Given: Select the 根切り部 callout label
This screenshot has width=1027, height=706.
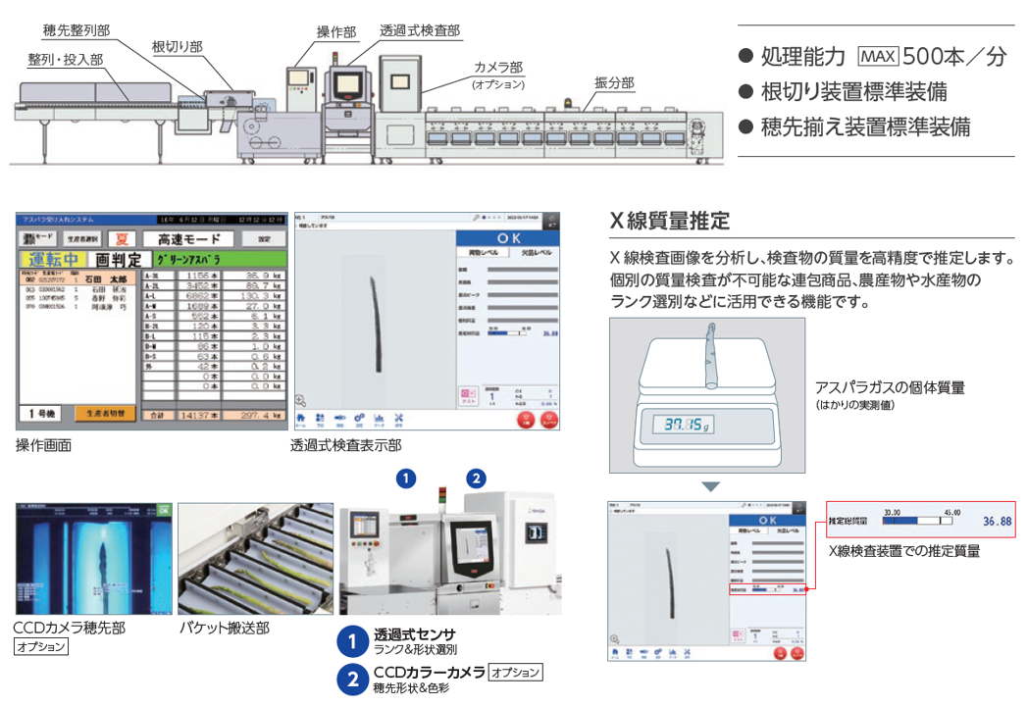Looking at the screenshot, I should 178,46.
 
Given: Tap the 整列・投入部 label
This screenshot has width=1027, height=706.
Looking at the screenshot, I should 65,60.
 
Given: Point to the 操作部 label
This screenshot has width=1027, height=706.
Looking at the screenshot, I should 336,31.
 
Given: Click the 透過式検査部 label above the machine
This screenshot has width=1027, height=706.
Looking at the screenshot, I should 419,30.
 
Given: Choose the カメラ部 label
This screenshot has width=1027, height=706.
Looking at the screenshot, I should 498,67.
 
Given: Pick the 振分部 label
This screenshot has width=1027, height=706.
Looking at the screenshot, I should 614,83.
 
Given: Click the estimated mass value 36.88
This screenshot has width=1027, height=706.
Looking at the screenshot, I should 997,521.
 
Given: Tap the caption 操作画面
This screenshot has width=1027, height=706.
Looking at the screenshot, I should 43,445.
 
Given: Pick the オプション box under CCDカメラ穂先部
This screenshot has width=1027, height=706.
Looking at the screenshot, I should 40,647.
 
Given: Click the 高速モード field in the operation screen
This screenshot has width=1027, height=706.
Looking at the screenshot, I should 187,238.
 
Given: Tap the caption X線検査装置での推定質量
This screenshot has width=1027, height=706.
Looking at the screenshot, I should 903,551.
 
